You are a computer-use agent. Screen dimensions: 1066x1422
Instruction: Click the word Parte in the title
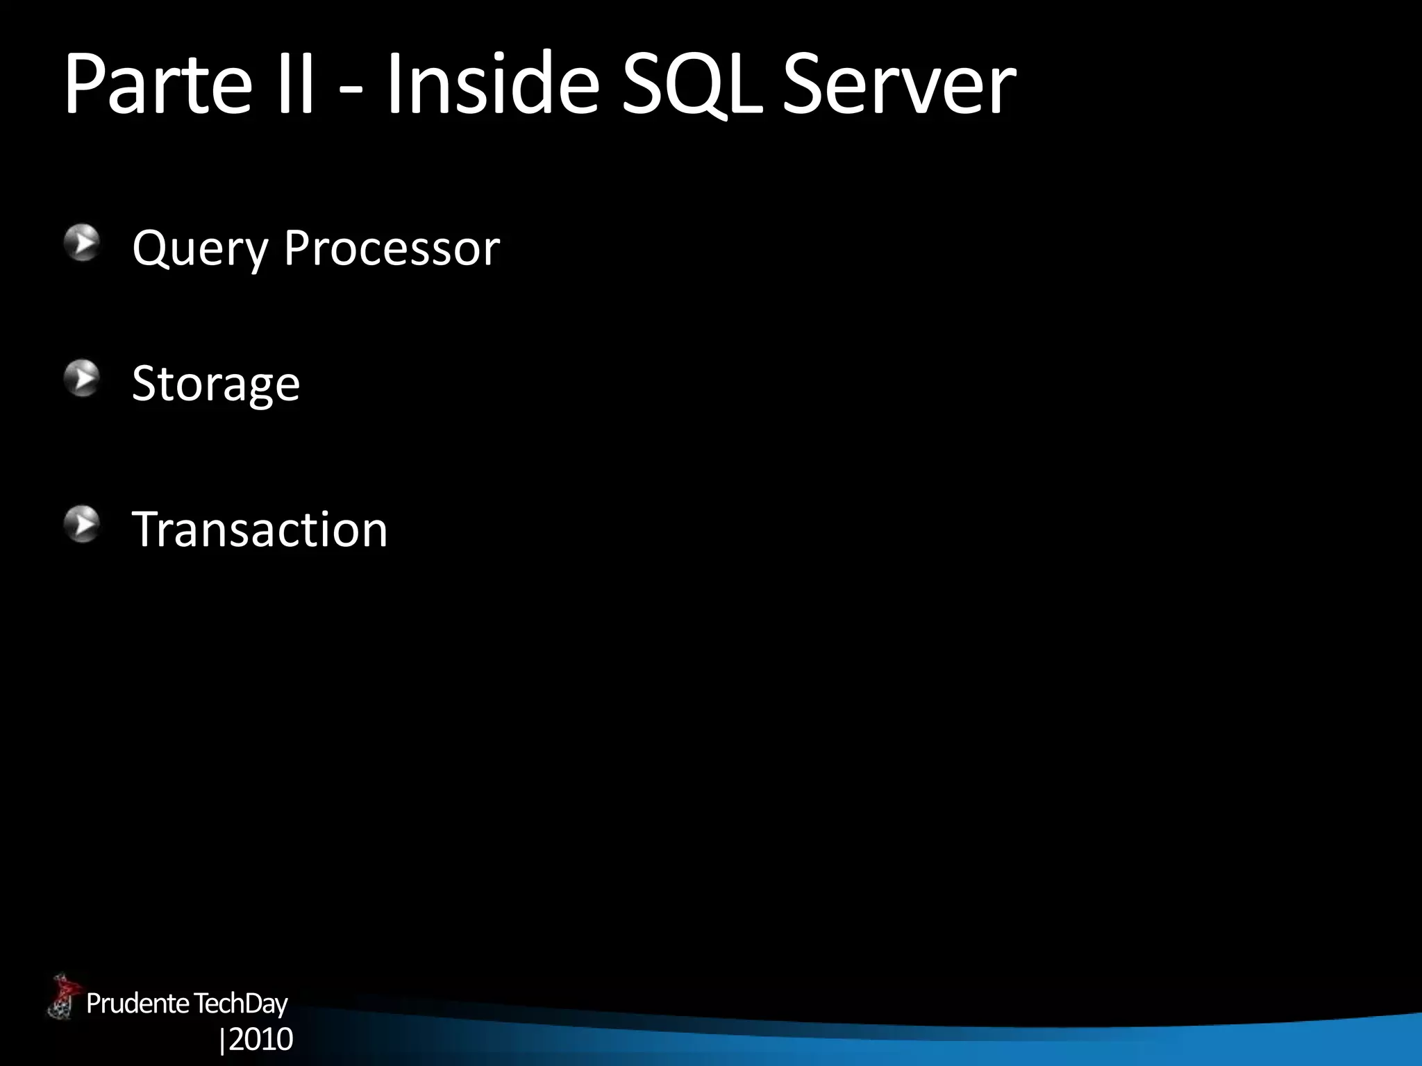(x=157, y=85)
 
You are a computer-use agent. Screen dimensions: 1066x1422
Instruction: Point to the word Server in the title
(x=899, y=85)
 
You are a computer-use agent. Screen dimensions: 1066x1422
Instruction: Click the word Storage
(x=216, y=384)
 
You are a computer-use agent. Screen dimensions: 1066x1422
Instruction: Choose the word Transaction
(x=260, y=529)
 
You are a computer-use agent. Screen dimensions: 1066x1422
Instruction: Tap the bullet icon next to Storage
(x=83, y=378)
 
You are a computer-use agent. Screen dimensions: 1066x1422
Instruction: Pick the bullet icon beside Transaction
(x=83, y=524)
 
